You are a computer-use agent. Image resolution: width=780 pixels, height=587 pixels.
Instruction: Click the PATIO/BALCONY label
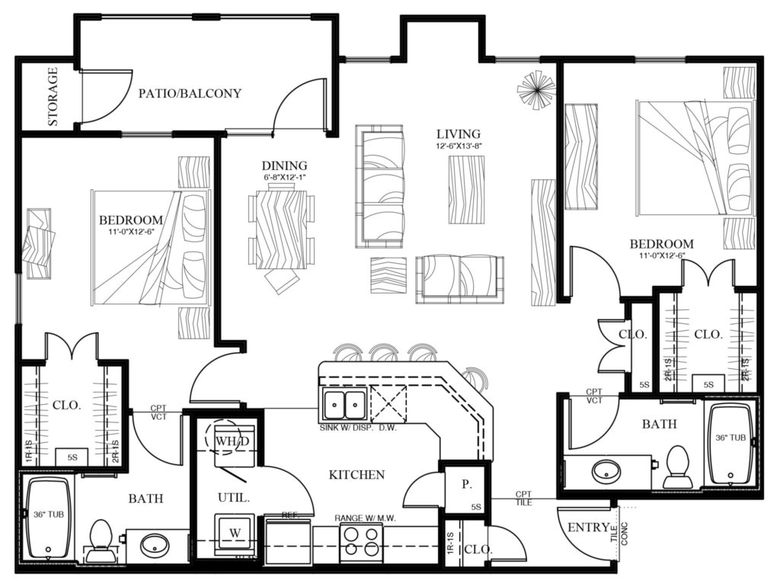[x=190, y=94]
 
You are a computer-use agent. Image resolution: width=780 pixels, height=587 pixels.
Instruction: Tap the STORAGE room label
[x=53, y=96]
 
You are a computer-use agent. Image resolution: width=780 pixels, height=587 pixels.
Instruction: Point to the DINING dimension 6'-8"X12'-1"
[x=284, y=178]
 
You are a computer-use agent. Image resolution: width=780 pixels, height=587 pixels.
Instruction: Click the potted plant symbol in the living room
[x=536, y=91]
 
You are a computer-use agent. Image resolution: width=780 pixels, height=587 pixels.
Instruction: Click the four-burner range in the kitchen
[x=361, y=543]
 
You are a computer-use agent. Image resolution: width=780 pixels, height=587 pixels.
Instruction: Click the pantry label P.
[x=465, y=483]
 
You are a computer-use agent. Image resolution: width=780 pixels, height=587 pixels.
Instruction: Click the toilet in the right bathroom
[x=676, y=467]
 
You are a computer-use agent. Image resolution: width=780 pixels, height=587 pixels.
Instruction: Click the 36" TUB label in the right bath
[x=730, y=438]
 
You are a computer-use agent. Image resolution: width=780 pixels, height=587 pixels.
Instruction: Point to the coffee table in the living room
[x=466, y=190]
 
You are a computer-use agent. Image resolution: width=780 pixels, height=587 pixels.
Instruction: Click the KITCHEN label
[x=356, y=475]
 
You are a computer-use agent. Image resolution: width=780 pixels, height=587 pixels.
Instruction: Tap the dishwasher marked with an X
[x=387, y=401]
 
